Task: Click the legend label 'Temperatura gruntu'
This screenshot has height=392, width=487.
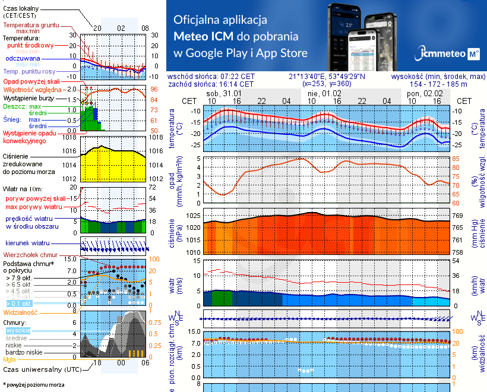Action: coord(30,26)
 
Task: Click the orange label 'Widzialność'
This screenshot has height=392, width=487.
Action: coord(21,311)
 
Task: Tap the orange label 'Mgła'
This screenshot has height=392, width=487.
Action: coord(9,359)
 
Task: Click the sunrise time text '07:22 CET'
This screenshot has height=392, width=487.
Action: coord(236,77)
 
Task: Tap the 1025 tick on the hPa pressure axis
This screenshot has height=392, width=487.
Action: coord(194,215)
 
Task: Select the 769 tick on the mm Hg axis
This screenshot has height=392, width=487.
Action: coord(458,215)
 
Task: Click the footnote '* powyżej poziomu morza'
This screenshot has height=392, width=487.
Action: coord(34,385)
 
